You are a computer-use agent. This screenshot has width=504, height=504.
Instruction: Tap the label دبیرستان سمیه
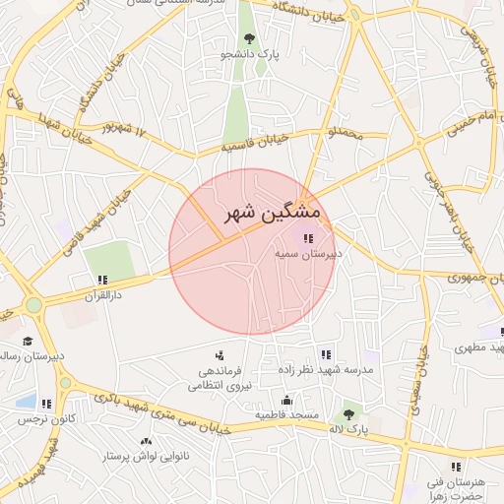click(307, 253)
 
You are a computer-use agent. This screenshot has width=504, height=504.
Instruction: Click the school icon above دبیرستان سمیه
click(308, 237)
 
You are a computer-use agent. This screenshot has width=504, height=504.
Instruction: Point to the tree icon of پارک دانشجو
click(248, 38)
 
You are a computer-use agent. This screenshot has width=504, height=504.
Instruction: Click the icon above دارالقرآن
click(102, 280)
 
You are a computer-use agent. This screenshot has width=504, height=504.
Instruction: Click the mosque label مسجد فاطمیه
click(286, 415)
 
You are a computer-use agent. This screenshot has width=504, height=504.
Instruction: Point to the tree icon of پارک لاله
click(347, 414)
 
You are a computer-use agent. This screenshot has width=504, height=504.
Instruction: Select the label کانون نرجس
click(36, 418)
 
